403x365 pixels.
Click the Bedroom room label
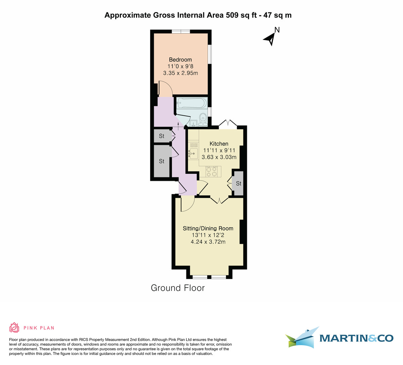tap(180, 60)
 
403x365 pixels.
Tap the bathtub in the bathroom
tap(190, 103)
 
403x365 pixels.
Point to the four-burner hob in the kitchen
tap(212, 172)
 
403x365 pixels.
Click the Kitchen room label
tap(219, 144)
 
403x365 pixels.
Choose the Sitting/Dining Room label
tap(208, 228)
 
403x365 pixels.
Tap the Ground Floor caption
tap(178, 288)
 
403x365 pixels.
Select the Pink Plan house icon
tap(14, 327)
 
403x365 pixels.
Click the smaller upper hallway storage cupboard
tap(162, 136)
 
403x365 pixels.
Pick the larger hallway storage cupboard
tap(162, 161)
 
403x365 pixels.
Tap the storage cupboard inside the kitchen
tap(238, 184)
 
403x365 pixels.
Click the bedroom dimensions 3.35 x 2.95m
tap(180, 73)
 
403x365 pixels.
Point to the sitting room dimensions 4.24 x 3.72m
tap(208, 242)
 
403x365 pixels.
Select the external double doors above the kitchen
tap(228, 123)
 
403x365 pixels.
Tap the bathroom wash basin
tap(194, 122)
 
